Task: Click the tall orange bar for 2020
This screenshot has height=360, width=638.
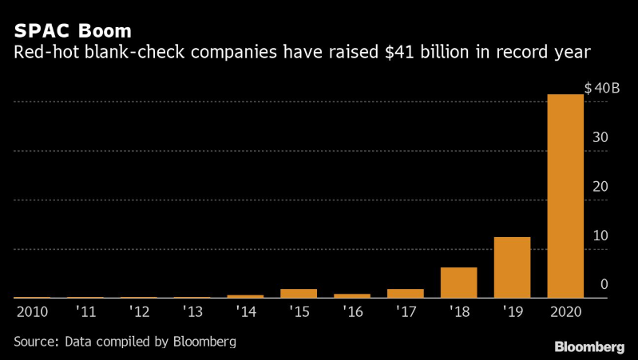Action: point(565,196)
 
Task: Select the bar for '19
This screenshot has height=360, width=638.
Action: point(512,267)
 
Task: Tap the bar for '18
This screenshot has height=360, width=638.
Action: point(458,283)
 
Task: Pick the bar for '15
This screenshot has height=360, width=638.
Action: point(299,293)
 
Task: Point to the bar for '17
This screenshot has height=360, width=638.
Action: point(405,293)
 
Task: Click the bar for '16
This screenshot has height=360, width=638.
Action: point(352,295)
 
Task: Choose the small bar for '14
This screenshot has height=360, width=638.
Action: point(245,296)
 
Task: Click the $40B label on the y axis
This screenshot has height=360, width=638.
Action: point(601,89)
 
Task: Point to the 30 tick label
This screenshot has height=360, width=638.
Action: point(601,137)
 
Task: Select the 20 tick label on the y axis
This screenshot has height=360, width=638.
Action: point(601,187)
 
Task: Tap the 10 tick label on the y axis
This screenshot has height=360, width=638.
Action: point(601,236)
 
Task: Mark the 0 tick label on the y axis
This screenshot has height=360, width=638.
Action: point(604,285)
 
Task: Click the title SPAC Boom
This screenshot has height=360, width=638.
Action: point(72,32)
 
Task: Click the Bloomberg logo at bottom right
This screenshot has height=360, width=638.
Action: point(589,346)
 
